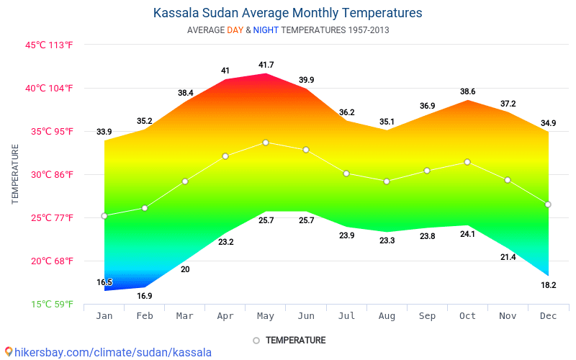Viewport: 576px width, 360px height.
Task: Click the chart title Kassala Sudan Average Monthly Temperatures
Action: [287, 13]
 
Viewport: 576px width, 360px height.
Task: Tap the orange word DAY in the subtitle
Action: [235, 30]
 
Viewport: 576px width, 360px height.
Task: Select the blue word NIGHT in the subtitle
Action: [266, 30]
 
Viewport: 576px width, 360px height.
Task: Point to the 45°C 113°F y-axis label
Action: [50, 45]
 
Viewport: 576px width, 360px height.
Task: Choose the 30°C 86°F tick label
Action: [50, 174]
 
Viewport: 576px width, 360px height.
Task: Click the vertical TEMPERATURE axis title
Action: [15, 174]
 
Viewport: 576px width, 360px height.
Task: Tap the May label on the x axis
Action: [266, 316]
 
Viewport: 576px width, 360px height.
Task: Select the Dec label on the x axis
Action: [548, 316]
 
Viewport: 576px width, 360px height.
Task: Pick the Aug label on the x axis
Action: [387, 316]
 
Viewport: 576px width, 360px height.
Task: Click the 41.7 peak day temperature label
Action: [266, 66]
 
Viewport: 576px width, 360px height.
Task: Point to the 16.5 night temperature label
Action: [104, 282]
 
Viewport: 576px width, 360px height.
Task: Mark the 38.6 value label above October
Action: [467, 91]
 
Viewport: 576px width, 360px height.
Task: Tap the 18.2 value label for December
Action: [548, 285]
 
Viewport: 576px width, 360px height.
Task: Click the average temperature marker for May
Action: [266, 143]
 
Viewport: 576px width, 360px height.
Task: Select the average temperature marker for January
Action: [104, 216]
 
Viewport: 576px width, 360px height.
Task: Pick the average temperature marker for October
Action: [467, 162]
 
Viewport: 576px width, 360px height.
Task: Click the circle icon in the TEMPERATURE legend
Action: [256, 341]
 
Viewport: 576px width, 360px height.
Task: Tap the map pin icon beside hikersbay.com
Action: [9, 351]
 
